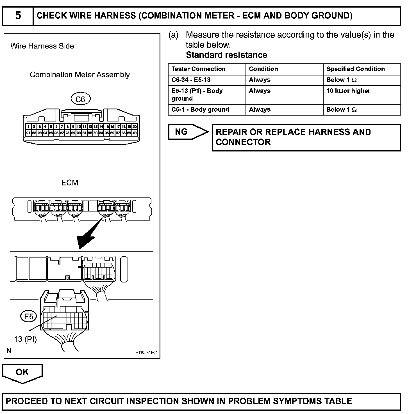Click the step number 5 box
click(18, 15)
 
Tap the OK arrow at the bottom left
click(22, 373)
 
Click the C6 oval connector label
click(80, 99)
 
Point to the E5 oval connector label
click(29, 316)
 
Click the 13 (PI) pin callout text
click(25, 339)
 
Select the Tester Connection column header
click(198, 69)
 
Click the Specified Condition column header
click(355, 69)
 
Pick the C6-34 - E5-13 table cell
click(191, 80)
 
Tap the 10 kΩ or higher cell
click(348, 91)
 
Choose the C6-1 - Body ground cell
click(200, 110)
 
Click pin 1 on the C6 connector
click(28, 127)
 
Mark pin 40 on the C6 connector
click(135, 133)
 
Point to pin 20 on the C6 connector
click(135, 127)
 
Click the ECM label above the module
click(70, 183)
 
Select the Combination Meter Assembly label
click(80, 75)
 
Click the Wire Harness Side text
click(42, 46)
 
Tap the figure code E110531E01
click(146, 353)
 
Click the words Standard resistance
click(226, 55)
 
